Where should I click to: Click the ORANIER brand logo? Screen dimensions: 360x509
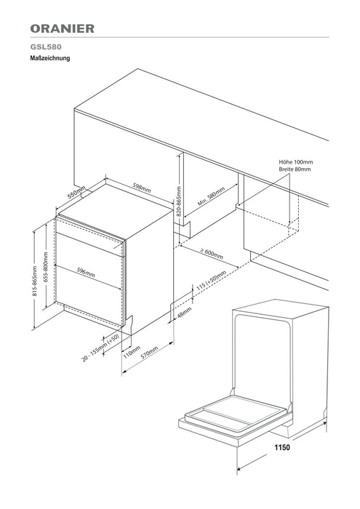(63, 28)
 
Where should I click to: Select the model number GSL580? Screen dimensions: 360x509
(46, 47)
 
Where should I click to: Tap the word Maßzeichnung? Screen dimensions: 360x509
(50, 58)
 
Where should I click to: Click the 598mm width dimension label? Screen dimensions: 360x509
(142, 188)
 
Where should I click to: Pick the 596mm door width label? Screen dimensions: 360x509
(86, 272)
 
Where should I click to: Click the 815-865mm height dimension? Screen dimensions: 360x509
(35, 281)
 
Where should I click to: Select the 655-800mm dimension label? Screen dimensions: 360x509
(46, 267)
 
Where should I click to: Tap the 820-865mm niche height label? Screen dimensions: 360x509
(179, 201)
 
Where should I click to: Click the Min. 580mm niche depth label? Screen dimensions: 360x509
(211, 196)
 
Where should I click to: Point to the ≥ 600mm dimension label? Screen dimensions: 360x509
(212, 254)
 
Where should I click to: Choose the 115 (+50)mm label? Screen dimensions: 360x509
(212, 280)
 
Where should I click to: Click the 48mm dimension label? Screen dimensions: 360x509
(185, 312)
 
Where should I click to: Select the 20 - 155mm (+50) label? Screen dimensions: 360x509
(100, 348)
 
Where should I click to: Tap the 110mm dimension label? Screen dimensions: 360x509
(132, 352)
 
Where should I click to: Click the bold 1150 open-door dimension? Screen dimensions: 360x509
(282, 447)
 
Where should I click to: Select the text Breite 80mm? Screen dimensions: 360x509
(295, 169)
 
